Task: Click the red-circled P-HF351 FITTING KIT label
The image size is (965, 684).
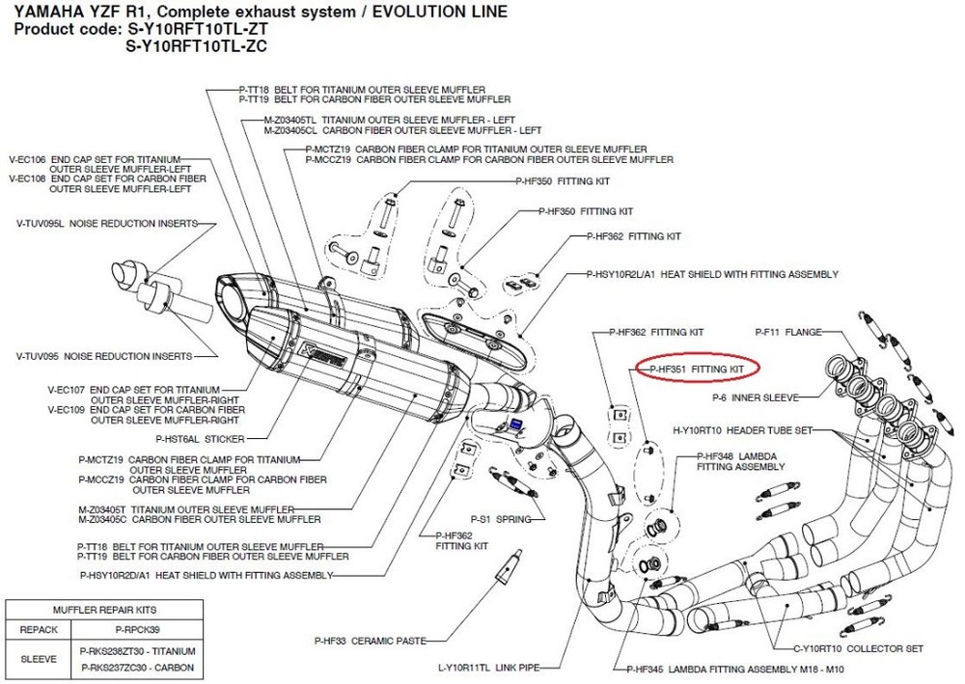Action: click(696, 369)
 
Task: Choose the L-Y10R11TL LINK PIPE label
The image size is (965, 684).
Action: click(487, 667)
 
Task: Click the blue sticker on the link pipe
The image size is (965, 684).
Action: click(517, 423)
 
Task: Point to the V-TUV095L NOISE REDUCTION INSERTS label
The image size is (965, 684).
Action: click(105, 224)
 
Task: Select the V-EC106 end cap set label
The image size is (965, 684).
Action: click(107, 158)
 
